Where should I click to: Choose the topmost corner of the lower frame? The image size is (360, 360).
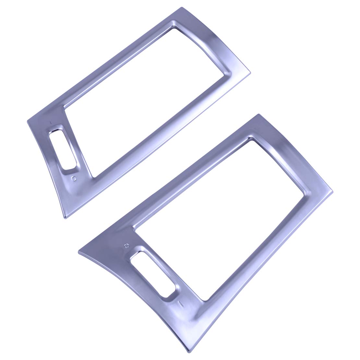[258, 114]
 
